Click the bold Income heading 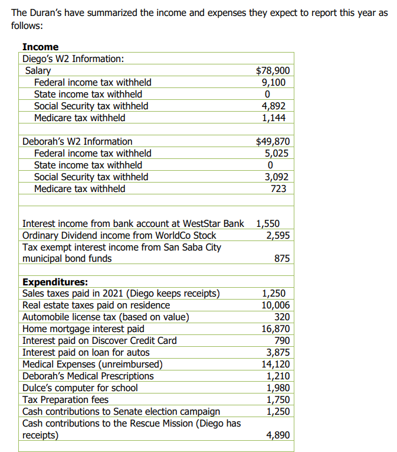(40, 47)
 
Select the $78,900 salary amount (273, 71)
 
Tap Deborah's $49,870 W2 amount (273, 141)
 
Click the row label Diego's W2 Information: (73, 58)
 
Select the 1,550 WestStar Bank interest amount (268, 224)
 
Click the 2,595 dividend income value (277, 235)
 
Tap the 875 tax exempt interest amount (281, 259)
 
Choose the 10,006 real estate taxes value (275, 305)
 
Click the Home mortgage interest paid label (83, 329)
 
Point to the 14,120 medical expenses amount (275, 364)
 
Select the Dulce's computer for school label (80, 388)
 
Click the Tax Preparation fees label (65, 399)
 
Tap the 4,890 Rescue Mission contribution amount (277, 435)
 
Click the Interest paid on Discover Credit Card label (99, 340)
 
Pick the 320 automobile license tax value (281, 317)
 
